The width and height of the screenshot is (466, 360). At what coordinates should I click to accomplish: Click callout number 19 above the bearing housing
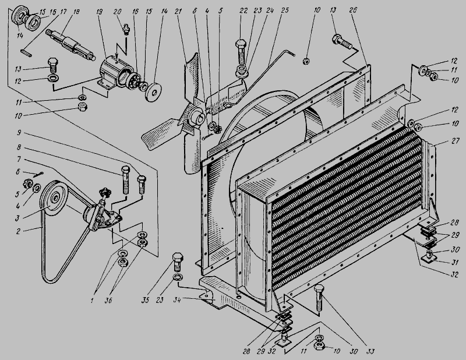[x=100, y=12]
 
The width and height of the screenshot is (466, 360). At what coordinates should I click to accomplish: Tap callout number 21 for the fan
[x=178, y=12]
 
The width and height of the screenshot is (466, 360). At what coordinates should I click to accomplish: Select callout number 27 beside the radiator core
[x=456, y=141]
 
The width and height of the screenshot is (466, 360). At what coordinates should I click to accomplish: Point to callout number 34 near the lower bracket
[x=178, y=299]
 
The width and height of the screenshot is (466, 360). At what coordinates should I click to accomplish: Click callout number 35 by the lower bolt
[x=145, y=300]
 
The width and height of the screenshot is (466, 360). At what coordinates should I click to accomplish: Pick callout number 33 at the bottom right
[x=369, y=351]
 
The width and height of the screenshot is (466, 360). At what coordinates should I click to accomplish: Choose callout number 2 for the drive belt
[x=19, y=231]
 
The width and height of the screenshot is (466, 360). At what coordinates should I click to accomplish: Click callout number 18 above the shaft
[x=76, y=12]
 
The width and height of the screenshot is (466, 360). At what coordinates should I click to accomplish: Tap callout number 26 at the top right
[x=353, y=10]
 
